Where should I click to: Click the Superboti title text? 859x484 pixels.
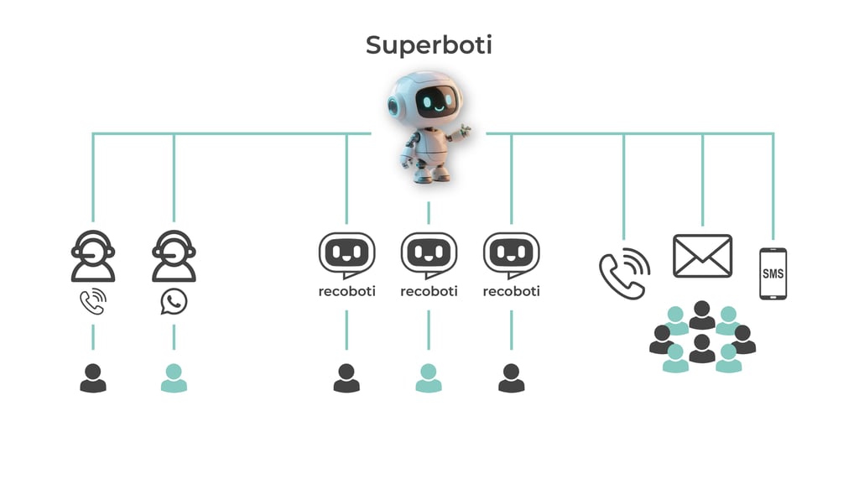click(x=429, y=45)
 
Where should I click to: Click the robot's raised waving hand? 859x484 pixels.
click(x=462, y=133)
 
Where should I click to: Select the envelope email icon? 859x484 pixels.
click(x=702, y=256)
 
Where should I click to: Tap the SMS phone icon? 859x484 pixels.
click(x=773, y=273)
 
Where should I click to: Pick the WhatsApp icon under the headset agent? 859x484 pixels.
click(x=174, y=302)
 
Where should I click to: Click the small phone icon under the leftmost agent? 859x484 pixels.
click(x=92, y=302)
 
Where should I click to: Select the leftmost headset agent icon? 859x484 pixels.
click(x=92, y=256)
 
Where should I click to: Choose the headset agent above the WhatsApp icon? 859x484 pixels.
click(x=174, y=256)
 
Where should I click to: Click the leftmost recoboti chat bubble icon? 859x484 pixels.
click(x=346, y=254)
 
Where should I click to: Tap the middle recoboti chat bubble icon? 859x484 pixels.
click(x=429, y=254)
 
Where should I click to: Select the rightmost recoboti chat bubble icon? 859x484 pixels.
click(x=511, y=254)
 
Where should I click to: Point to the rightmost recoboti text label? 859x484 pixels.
click(x=511, y=292)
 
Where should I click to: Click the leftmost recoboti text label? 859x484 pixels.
click(x=346, y=292)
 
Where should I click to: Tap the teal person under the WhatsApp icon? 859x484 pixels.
click(x=174, y=378)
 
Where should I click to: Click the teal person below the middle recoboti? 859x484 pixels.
click(x=429, y=378)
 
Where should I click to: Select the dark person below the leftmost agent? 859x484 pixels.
click(x=92, y=378)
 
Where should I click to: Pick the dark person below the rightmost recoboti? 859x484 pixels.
click(x=511, y=378)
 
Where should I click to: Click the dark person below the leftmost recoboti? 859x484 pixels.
click(x=346, y=378)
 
